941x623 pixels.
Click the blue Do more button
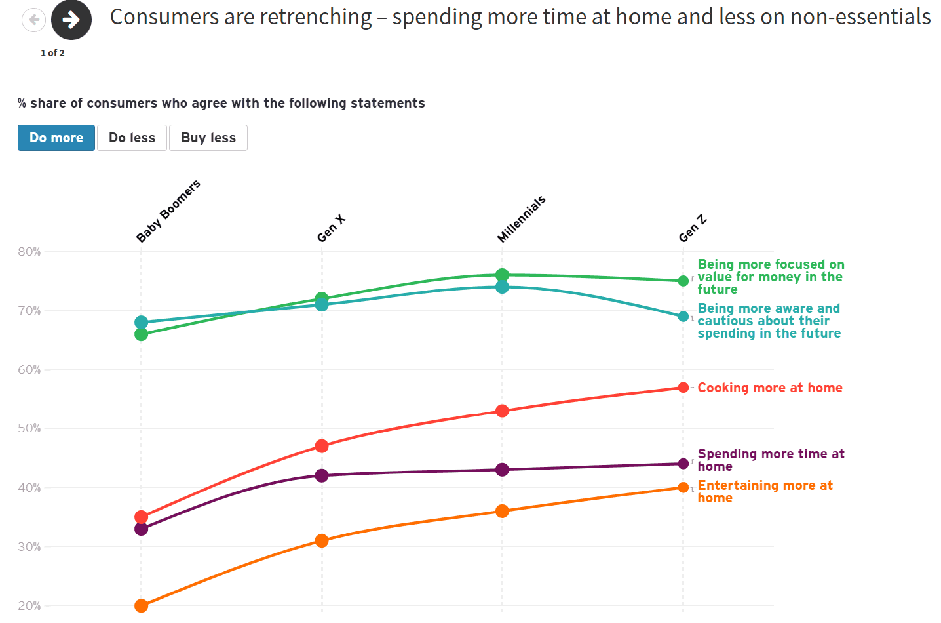click(56, 138)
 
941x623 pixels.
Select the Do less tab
click(132, 138)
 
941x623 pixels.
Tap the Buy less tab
click(208, 138)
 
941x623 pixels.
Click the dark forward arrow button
click(71, 20)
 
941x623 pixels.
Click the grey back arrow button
click(34, 20)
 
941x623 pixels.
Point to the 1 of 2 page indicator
click(52, 53)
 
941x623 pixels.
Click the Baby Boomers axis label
click(168, 211)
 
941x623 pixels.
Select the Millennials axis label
click(521, 219)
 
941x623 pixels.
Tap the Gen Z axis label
click(693, 228)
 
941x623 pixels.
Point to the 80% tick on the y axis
click(29, 252)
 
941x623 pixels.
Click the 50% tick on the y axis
click(29, 428)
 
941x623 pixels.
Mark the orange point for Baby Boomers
click(141, 605)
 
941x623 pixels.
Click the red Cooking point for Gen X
click(322, 446)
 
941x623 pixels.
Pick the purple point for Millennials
click(502, 470)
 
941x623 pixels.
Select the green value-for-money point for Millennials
click(502, 275)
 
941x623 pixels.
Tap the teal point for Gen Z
click(683, 317)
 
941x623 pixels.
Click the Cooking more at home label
click(770, 388)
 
